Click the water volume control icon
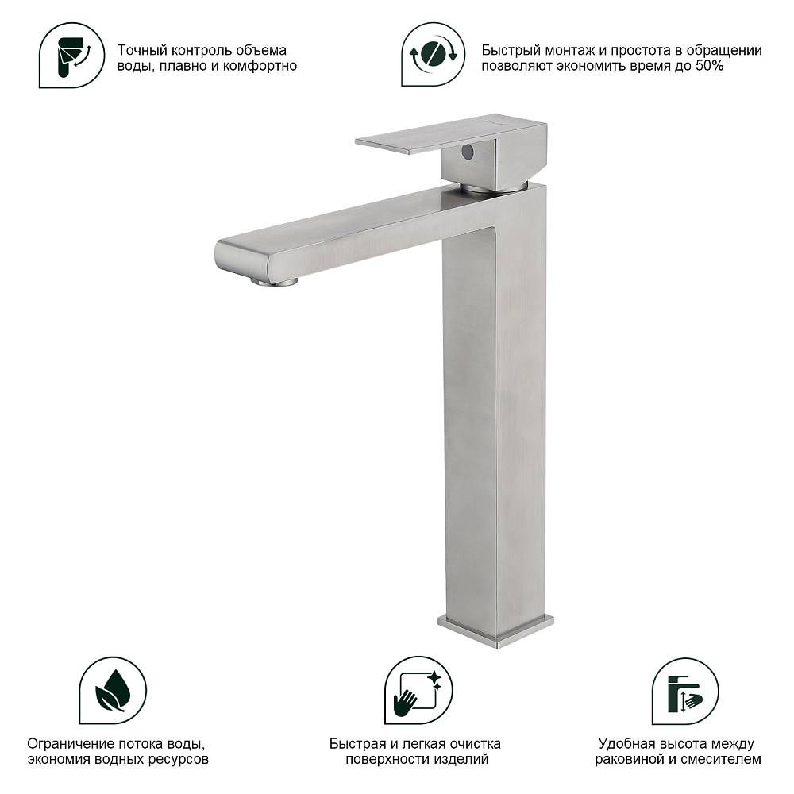72,55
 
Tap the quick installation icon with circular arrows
433,54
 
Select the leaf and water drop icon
113,690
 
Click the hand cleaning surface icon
418,690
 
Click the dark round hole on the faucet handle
468,152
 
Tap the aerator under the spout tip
274,282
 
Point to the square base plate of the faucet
495,631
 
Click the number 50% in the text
709,67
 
